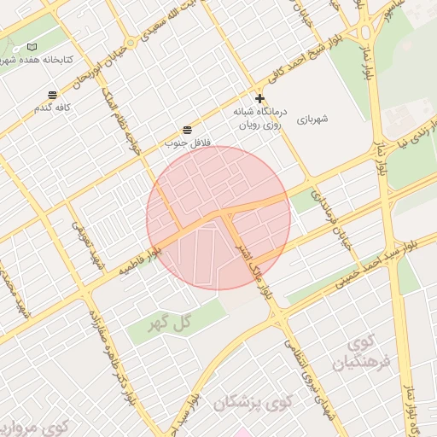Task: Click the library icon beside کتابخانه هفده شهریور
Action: (32, 47)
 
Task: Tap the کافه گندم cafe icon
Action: (53, 95)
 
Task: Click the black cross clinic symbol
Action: (259, 98)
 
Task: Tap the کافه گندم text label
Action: (50, 108)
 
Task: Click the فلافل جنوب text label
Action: (186, 143)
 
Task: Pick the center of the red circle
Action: (218, 218)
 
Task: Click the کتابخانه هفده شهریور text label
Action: (38, 60)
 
